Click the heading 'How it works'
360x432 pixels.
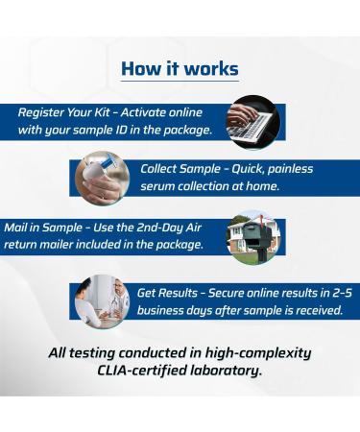pyautogui.click(x=180, y=69)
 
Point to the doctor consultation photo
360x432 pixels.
pyautogui.click(x=102, y=300)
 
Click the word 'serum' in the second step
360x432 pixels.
pyautogui.click(x=159, y=186)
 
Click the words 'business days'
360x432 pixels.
pyautogui.click(x=179, y=309)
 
